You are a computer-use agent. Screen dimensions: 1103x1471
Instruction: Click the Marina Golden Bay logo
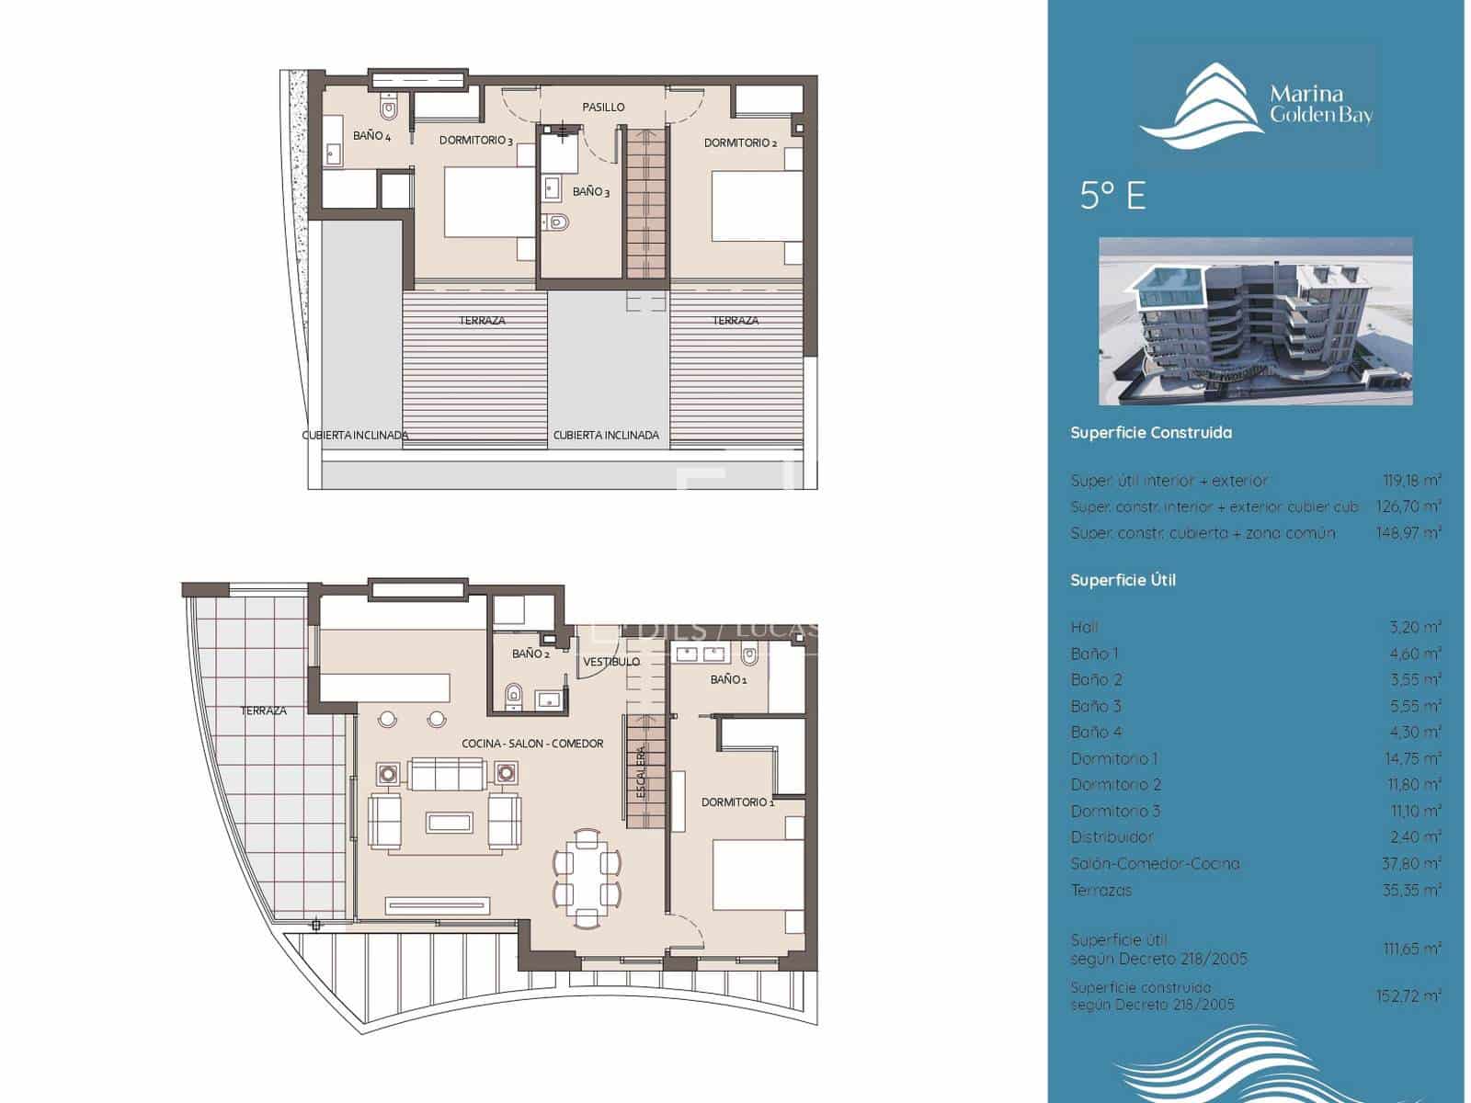coord(1255,106)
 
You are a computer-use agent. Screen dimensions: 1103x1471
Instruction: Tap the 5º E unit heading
coord(1112,196)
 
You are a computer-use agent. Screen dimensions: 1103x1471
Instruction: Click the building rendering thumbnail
coord(1255,321)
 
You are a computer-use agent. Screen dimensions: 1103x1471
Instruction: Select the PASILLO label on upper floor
coord(603,108)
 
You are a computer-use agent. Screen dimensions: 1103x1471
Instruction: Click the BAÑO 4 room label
coord(371,136)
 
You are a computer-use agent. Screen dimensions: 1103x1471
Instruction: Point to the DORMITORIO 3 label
coord(475,141)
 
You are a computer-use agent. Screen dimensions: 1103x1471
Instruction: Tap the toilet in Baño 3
coord(557,222)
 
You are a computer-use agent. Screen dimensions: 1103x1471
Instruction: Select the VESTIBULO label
coord(611,662)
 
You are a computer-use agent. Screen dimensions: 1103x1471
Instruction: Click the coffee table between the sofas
coord(450,821)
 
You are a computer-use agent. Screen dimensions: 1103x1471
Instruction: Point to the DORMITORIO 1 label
coord(737,802)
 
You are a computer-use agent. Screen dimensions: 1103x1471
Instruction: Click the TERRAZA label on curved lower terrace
coord(264,711)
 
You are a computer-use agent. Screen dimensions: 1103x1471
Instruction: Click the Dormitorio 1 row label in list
coord(1114,759)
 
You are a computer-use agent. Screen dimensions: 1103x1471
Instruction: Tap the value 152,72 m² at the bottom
coord(1411,995)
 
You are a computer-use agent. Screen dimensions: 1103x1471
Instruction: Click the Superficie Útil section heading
coord(1123,580)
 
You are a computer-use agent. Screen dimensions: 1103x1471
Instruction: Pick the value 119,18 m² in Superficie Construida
coord(1411,481)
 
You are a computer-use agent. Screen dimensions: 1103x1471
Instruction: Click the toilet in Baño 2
coord(514,696)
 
